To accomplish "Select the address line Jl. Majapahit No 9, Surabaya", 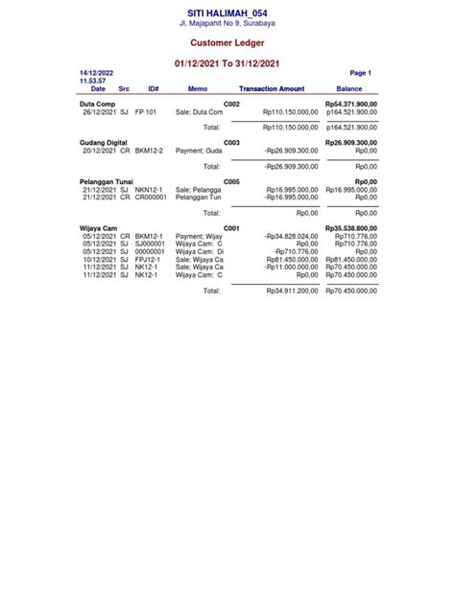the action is [227, 22].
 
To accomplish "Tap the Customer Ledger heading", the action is [227, 43].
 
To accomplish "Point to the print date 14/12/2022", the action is [96, 73].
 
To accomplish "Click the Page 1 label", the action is [360, 73].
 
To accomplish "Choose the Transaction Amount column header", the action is [271, 88].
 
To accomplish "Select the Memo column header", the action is [197, 88].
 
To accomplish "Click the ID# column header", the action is [154, 88].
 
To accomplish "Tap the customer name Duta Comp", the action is [98, 104].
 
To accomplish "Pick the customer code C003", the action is [231, 143].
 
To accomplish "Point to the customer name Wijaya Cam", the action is [98, 228].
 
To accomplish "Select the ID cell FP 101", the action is [146, 111].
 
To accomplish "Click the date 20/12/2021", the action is [100, 151].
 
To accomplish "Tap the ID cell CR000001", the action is [151, 197].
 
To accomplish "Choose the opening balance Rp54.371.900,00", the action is [350, 104].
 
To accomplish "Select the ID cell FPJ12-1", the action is [149, 259].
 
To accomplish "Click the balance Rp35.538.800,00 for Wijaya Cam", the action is [350, 228].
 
